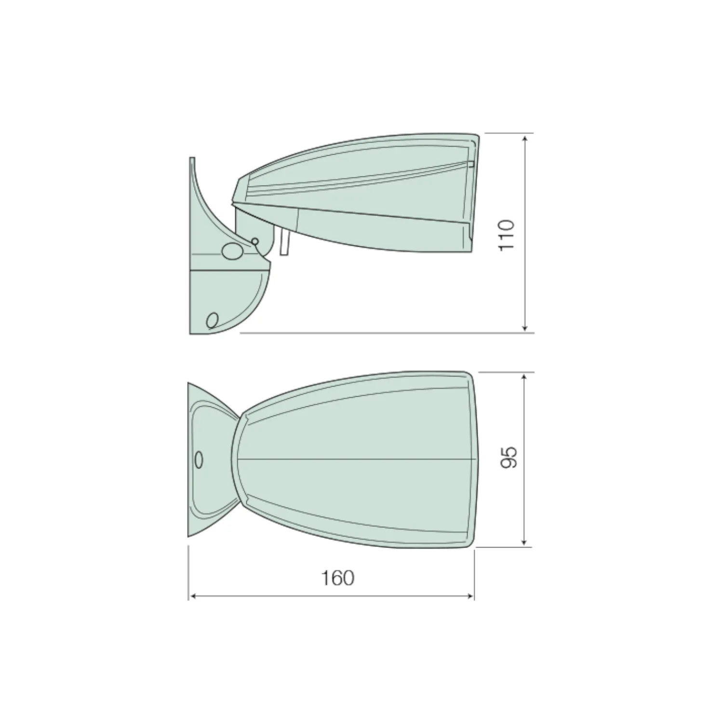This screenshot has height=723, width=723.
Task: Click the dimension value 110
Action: pyautogui.click(x=507, y=234)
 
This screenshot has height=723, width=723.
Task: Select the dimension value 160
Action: pyautogui.click(x=338, y=577)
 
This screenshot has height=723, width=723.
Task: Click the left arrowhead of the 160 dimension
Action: pyautogui.click(x=193, y=597)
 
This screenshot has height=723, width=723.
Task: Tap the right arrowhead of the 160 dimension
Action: pyautogui.click(x=469, y=597)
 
